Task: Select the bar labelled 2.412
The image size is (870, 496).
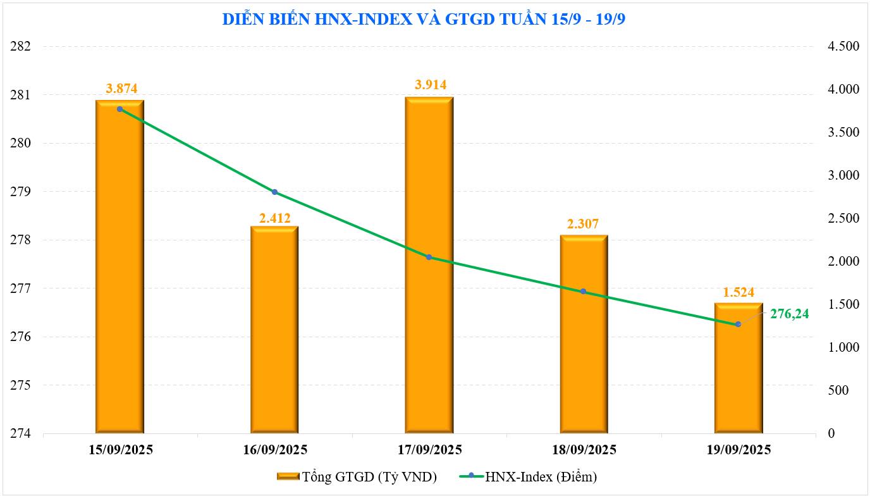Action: point(274,329)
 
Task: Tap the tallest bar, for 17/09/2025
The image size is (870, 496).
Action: point(429,266)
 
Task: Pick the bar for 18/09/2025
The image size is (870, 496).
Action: point(584,335)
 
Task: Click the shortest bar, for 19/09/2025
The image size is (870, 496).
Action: point(738,373)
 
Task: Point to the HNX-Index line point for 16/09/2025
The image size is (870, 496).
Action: point(274,192)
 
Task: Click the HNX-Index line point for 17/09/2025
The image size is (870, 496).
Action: point(429,257)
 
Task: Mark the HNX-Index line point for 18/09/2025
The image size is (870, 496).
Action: point(584,292)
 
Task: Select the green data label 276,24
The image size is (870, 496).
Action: point(789,313)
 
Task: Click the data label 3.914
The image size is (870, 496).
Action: point(429,85)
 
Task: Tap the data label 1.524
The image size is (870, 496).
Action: point(738,292)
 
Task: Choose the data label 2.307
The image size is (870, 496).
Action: point(584,223)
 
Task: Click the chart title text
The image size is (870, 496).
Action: point(423,19)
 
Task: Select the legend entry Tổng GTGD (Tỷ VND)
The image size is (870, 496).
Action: point(357,476)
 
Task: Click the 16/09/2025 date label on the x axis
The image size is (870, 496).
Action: point(274,450)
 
